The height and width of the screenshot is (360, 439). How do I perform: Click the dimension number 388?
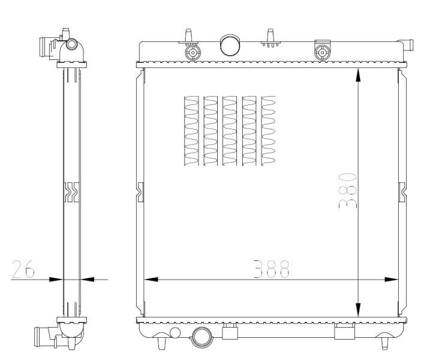pyautogui.click(x=271, y=269)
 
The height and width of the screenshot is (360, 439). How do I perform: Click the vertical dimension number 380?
pyautogui.click(x=348, y=191)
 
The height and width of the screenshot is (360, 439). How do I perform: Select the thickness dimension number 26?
pyautogui.click(x=23, y=269)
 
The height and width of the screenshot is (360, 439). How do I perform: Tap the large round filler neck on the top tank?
pyautogui.click(x=230, y=45)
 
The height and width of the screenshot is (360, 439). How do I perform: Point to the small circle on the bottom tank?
pyautogui.click(x=175, y=332)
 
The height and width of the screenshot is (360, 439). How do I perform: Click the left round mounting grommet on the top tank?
pyautogui.click(x=193, y=52)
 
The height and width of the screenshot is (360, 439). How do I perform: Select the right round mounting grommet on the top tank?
pyautogui.click(x=322, y=53)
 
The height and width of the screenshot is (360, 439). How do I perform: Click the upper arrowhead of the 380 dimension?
pyautogui.click(x=358, y=75)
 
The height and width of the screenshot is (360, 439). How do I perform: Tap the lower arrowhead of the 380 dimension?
pyautogui.click(x=358, y=310)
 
